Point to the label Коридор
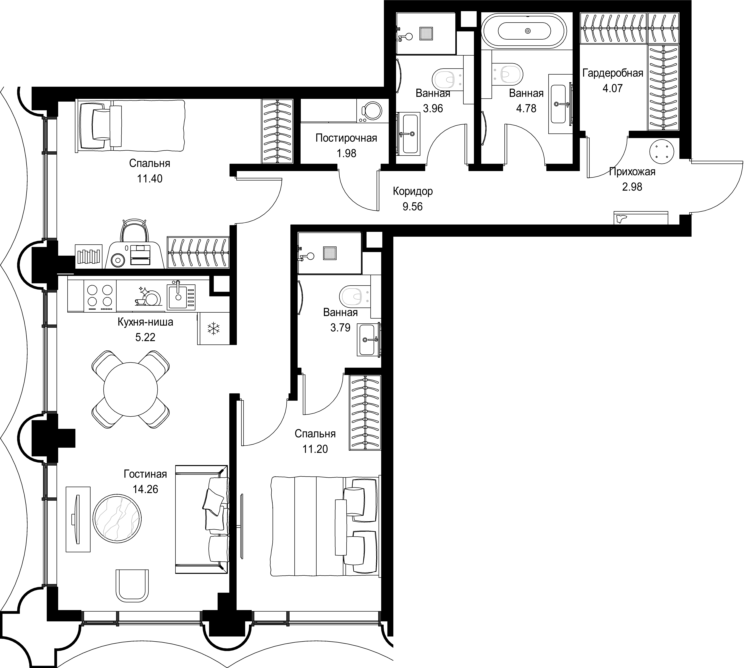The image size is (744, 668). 413,191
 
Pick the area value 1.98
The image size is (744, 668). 347,153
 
